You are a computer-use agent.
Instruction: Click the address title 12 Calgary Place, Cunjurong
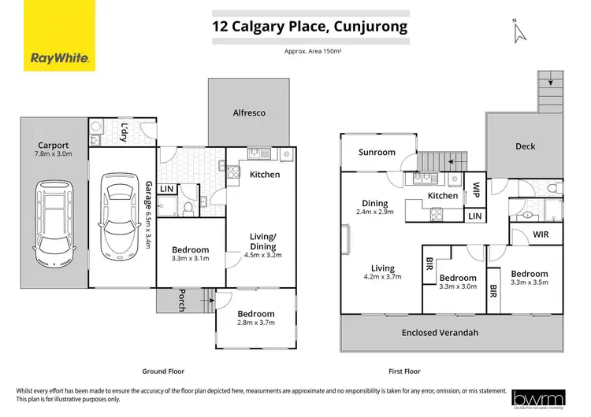pyautogui.click(x=310, y=27)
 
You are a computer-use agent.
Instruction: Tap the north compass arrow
pyautogui.click(x=518, y=31)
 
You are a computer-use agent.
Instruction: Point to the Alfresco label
pyautogui.click(x=248, y=113)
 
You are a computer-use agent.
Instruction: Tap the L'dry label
pyautogui.click(x=125, y=134)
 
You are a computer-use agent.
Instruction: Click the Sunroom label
pyautogui.click(x=377, y=152)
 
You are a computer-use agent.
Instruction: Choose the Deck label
pyautogui.click(x=525, y=146)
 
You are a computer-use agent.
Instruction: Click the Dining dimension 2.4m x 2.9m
pyautogui.click(x=374, y=213)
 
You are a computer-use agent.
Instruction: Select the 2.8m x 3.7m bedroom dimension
pyautogui.click(x=256, y=324)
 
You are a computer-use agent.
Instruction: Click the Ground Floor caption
pyautogui.click(x=164, y=371)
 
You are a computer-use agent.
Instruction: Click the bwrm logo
pyautogui.click(x=539, y=400)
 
